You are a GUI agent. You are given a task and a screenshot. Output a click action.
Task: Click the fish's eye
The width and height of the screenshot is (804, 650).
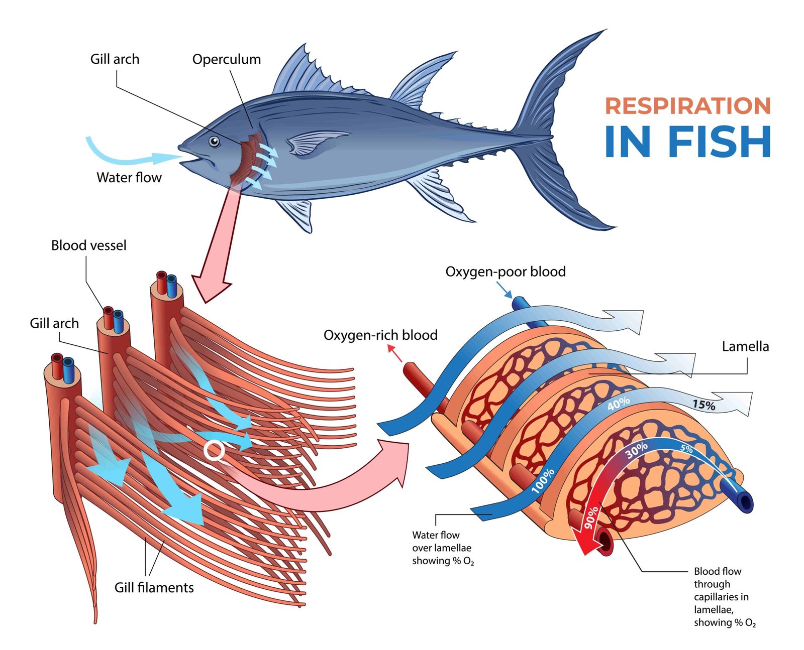[215, 142]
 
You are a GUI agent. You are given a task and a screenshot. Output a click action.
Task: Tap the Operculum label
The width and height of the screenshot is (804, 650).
[227, 59]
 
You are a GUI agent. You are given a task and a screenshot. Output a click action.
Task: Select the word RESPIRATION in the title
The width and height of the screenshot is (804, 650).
[687, 106]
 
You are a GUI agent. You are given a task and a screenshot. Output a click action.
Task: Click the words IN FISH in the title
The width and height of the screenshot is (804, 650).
[687, 142]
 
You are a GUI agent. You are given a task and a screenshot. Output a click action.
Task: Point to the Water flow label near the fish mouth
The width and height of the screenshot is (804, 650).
[129, 178]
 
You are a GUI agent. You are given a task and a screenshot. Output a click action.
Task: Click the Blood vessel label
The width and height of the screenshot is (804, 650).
[89, 245]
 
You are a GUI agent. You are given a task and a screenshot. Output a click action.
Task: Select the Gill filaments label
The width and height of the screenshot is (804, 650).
[154, 588]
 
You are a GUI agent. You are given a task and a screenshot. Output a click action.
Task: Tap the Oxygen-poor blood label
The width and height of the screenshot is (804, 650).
[506, 272]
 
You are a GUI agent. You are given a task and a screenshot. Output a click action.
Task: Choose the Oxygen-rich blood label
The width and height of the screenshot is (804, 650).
[380, 335]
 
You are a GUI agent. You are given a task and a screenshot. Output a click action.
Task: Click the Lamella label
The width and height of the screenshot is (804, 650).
[745, 347]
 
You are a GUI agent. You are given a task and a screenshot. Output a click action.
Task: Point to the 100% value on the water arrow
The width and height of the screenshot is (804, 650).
[543, 480]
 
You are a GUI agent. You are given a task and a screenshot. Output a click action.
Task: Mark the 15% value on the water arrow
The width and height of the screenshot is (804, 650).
[703, 405]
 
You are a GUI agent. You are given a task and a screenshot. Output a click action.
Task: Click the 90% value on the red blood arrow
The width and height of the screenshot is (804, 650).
[591, 517]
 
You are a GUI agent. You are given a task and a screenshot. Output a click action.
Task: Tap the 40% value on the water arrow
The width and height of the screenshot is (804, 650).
[618, 403]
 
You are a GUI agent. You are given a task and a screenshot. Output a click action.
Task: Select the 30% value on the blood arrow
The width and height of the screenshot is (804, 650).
[637, 450]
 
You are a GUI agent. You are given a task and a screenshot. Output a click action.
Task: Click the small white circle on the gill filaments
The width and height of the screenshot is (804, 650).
[215, 451]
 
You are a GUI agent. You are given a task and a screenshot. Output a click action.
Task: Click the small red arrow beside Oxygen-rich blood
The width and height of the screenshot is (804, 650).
[396, 354]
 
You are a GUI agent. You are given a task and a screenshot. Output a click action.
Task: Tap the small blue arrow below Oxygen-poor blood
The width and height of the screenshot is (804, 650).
[505, 290]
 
